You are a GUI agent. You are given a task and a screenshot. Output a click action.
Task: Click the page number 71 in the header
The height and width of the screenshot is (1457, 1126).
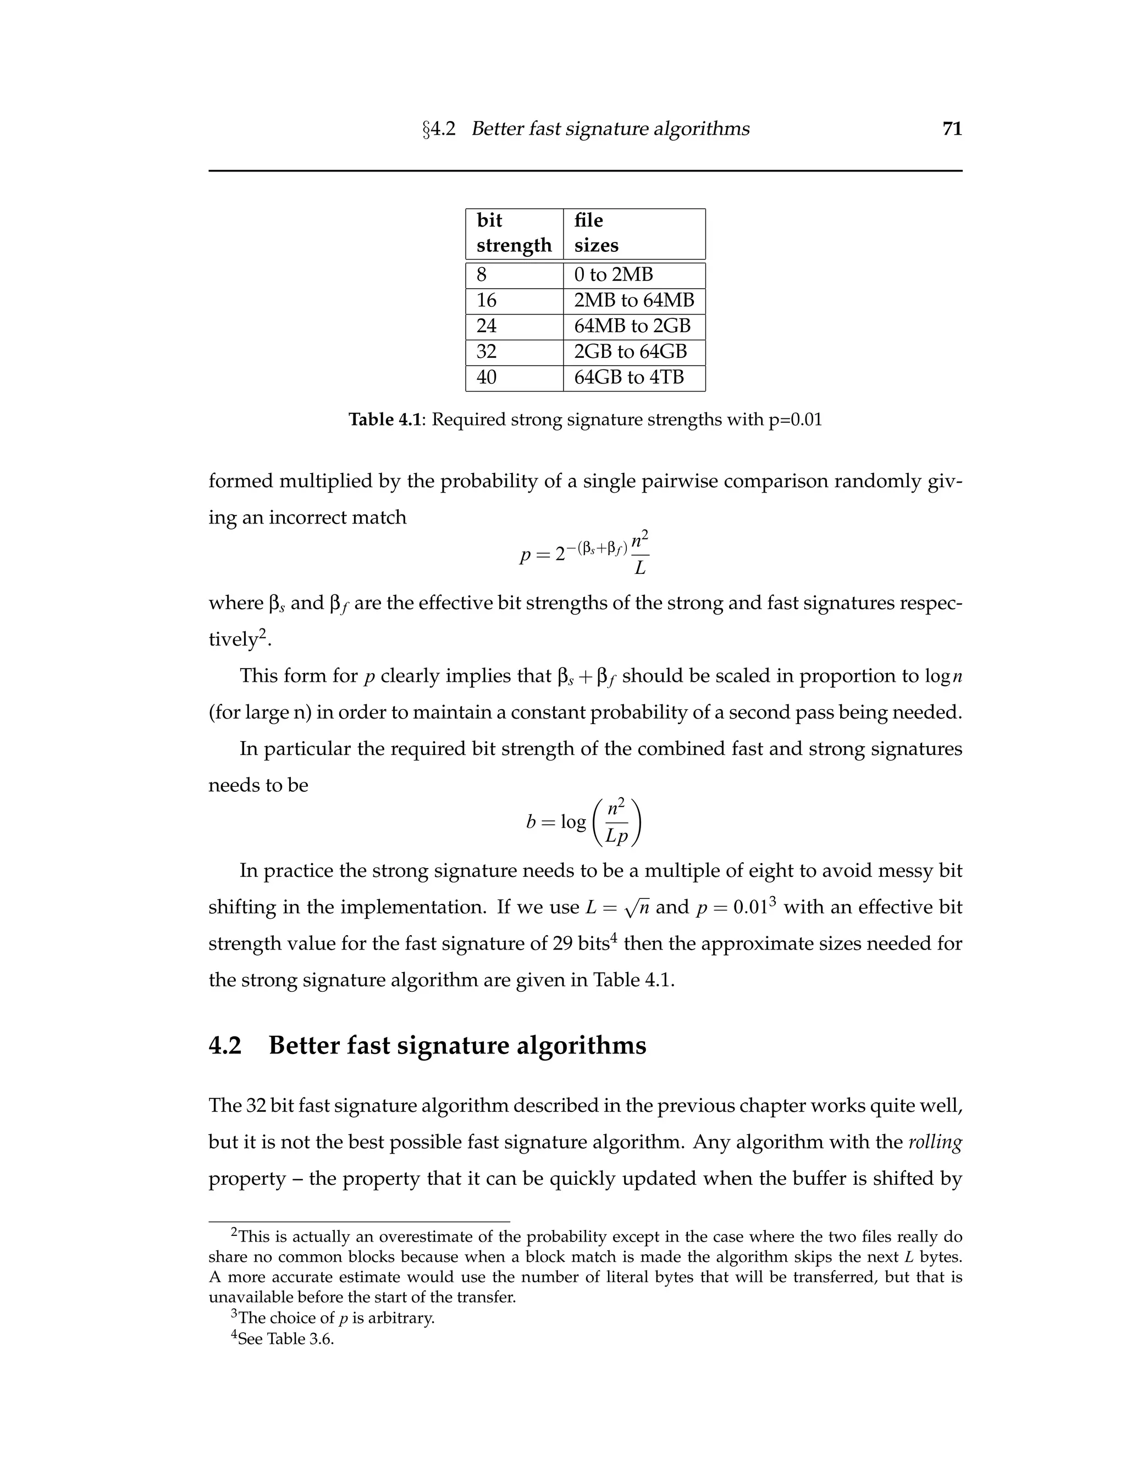[x=952, y=129]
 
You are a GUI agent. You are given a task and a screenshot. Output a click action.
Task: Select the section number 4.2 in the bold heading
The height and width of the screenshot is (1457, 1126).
[x=225, y=1045]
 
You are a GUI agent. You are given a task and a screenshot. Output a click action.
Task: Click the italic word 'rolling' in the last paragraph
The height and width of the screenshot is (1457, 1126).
[x=935, y=1142]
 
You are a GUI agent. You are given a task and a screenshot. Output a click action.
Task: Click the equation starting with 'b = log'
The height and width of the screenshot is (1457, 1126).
[x=584, y=822]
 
